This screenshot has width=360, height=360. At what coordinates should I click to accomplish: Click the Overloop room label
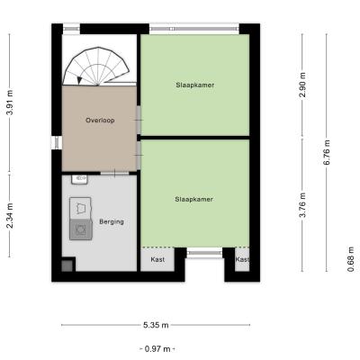click(100, 121)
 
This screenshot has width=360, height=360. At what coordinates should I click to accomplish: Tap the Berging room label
click(112, 222)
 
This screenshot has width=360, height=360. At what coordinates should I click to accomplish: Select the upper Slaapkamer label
click(195, 85)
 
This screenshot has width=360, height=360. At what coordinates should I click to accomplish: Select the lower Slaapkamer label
click(194, 199)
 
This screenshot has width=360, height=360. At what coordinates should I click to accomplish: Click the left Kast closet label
click(157, 259)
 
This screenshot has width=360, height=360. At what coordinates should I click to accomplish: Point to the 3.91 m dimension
click(10, 103)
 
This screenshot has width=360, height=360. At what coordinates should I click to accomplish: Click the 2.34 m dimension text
click(10, 215)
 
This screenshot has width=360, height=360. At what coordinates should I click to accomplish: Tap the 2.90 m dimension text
click(302, 85)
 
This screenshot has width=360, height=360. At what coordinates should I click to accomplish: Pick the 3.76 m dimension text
click(303, 205)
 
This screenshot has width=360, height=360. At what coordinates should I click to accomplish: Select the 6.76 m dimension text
click(327, 152)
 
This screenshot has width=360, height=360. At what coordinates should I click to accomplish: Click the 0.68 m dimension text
click(351, 259)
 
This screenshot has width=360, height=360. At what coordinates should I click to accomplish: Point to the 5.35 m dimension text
click(156, 325)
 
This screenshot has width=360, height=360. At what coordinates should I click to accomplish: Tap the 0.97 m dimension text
click(157, 349)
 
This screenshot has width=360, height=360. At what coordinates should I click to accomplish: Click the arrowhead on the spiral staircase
click(79, 80)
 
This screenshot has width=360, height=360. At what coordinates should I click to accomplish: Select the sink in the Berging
click(79, 179)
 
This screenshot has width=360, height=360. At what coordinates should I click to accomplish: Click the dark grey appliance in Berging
click(81, 229)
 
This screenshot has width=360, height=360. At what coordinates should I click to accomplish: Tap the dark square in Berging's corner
click(67, 265)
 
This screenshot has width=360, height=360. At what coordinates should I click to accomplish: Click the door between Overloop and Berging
click(114, 173)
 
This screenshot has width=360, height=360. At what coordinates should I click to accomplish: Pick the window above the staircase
click(72, 29)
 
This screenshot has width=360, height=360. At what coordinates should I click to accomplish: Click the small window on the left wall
click(57, 142)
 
